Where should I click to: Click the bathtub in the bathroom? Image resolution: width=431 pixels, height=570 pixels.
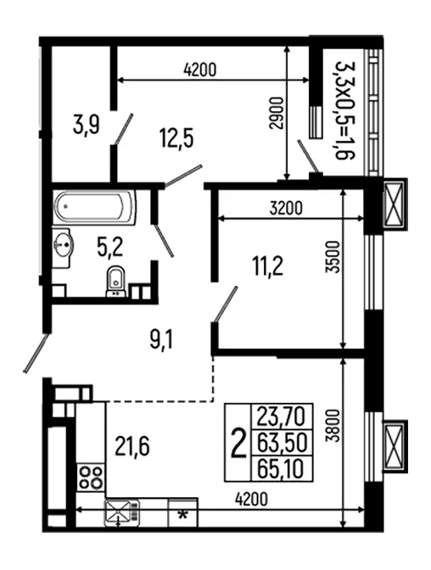[x=94, y=206]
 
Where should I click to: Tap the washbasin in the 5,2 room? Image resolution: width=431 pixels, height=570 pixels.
[x=63, y=247]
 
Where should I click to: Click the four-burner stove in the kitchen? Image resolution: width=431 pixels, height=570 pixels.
[x=91, y=478]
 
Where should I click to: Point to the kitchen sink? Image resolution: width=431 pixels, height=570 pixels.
[x=122, y=512]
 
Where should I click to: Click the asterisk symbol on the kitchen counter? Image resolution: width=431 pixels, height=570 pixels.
[x=183, y=515]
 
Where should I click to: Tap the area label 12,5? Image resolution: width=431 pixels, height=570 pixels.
[x=176, y=138]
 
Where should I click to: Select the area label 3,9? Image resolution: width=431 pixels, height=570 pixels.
[x=87, y=125]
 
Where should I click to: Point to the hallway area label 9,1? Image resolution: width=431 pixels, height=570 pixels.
[x=161, y=340]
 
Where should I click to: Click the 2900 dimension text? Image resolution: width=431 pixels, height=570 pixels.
[x=277, y=113]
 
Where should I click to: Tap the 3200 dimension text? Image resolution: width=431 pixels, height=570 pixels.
[x=286, y=209]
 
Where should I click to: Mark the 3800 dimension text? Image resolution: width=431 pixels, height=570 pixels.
[x=332, y=425]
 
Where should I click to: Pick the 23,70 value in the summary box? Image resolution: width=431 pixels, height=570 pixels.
[x=280, y=416]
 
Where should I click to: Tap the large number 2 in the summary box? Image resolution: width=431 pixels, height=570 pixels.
[x=238, y=443]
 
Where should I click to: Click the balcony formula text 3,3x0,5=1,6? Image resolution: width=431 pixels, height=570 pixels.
[x=344, y=110]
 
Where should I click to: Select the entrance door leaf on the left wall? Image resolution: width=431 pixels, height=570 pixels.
[x=36, y=353]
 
